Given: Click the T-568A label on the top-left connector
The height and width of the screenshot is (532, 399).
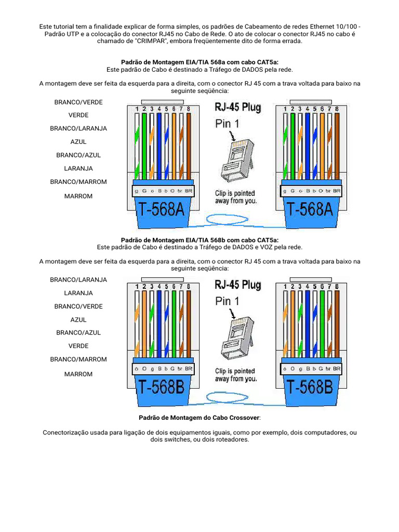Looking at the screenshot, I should tap(162, 209).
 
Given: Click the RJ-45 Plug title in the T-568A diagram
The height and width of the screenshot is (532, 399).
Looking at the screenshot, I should tap(238, 108).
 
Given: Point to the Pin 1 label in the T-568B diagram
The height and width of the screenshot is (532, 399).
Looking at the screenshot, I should tap(228, 301).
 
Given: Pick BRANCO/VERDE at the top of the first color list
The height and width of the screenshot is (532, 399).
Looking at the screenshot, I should tap(78, 102).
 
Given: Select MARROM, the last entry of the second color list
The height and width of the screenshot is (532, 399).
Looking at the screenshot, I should tap(78, 374).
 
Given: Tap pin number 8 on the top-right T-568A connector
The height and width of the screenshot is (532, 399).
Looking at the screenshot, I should tap(337, 109).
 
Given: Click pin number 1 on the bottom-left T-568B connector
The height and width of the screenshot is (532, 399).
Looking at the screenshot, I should tap(137, 287).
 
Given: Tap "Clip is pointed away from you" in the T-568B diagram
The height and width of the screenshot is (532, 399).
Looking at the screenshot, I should tap(236, 375).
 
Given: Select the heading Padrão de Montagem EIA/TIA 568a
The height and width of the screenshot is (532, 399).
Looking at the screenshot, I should tap(199, 62).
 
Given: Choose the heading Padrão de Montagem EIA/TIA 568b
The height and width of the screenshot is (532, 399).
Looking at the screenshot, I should tap(199, 240).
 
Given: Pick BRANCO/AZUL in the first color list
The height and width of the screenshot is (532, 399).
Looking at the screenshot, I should tap(78, 155).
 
